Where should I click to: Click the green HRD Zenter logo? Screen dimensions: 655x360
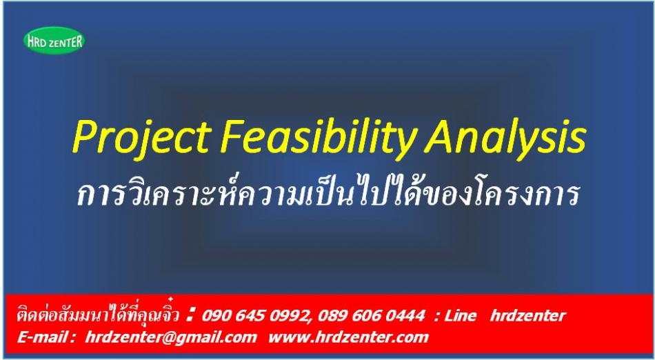(x=54, y=41)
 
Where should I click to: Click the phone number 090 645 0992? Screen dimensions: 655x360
(x=256, y=316)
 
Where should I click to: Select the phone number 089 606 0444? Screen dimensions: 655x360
(x=371, y=316)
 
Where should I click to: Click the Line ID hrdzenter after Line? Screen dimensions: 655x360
(x=528, y=316)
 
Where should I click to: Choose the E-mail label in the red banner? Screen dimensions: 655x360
(x=44, y=337)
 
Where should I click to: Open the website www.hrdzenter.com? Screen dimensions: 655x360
(x=348, y=337)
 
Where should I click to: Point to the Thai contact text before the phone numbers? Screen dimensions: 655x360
(x=98, y=314)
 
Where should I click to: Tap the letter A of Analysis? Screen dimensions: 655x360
(x=441, y=136)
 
